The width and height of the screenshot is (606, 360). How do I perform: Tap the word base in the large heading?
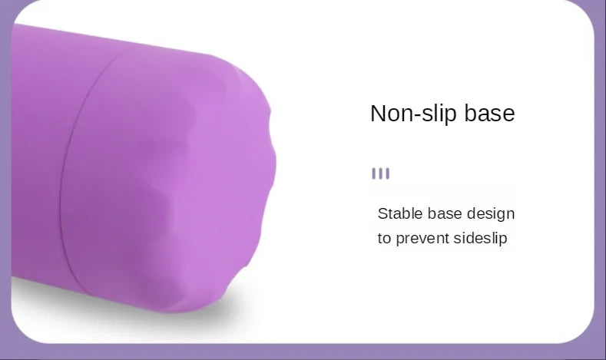489,113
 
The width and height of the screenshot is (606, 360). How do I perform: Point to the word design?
491,214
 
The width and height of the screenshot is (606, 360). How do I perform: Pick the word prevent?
422,238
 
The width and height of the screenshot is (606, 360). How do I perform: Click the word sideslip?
480,238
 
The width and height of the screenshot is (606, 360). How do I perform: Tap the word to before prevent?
385,239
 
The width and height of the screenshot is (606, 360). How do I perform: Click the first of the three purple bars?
374,173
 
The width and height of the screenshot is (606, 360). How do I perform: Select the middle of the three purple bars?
381,173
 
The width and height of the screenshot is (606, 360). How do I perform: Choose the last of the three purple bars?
388,173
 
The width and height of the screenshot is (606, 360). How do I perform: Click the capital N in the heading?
379,114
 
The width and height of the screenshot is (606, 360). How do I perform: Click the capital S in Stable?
382,214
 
